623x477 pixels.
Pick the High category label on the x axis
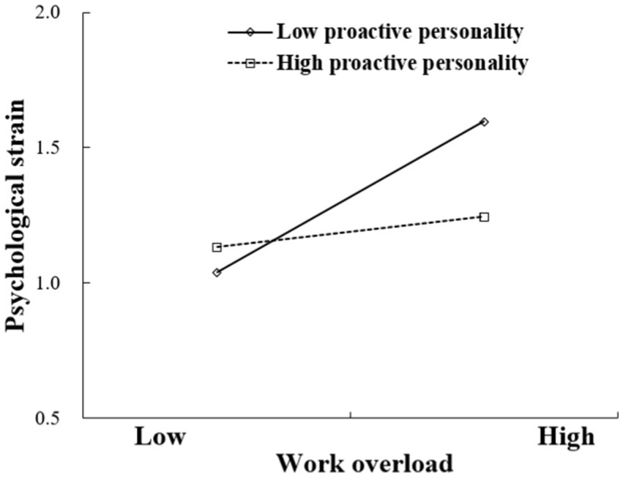566,437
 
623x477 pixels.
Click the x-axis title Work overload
364,463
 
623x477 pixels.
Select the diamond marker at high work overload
484,122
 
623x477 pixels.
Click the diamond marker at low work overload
217,273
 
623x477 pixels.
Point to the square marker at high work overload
484,217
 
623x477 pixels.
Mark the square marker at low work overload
217,247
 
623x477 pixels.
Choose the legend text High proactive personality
402,64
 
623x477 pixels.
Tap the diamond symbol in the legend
250,32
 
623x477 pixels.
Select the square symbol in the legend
249,64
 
